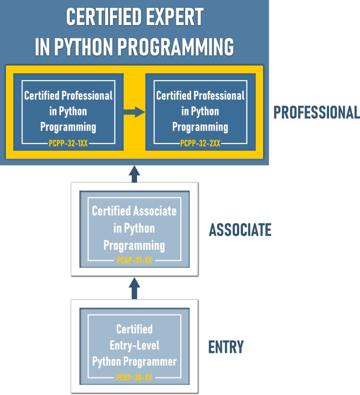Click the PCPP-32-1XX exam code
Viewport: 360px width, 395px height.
click(x=68, y=143)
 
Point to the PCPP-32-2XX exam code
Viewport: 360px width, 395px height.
click(x=200, y=143)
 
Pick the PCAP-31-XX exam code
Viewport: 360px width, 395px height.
click(x=134, y=260)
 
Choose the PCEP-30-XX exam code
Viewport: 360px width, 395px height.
click(x=134, y=378)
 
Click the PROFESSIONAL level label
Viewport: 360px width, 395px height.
click(x=317, y=113)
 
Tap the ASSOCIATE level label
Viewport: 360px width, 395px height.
click(x=240, y=229)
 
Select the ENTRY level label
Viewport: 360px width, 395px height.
click(x=226, y=347)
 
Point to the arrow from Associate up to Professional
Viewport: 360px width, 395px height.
click(x=134, y=174)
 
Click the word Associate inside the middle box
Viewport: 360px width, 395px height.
click(x=154, y=211)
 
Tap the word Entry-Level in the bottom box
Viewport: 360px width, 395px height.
click(x=134, y=345)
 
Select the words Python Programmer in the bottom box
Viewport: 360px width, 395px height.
click(x=134, y=362)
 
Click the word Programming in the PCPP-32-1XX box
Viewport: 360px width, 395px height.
click(x=68, y=127)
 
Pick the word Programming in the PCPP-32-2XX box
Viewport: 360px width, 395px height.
click(x=200, y=127)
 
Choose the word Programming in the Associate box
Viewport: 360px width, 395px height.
click(x=134, y=245)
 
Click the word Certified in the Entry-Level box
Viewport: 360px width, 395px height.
click(x=134, y=329)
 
